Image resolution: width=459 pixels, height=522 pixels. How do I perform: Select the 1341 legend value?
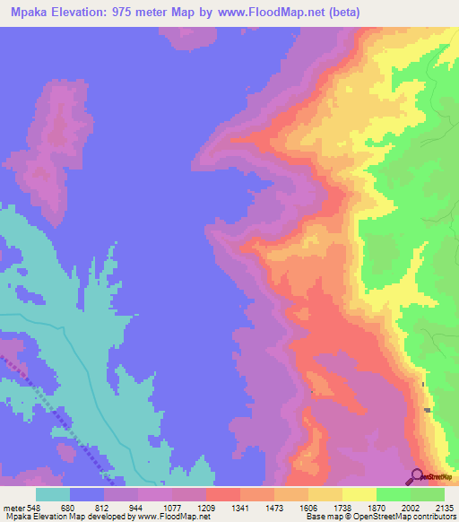click(x=241, y=508)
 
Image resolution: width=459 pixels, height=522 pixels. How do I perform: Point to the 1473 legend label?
click(x=275, y=508)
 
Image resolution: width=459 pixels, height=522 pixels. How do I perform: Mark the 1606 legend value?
click(x=309, y=508)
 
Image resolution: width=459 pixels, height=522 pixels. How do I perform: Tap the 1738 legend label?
click(x=343, y=508)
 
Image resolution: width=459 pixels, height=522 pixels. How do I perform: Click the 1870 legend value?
click(x=377, y=508)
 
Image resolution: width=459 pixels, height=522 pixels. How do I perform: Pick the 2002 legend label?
click(x=411, y=508)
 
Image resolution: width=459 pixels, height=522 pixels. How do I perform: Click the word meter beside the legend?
click(x=13, y=508)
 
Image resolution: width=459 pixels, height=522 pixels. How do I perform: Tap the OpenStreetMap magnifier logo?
click(x=417, y=476)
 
